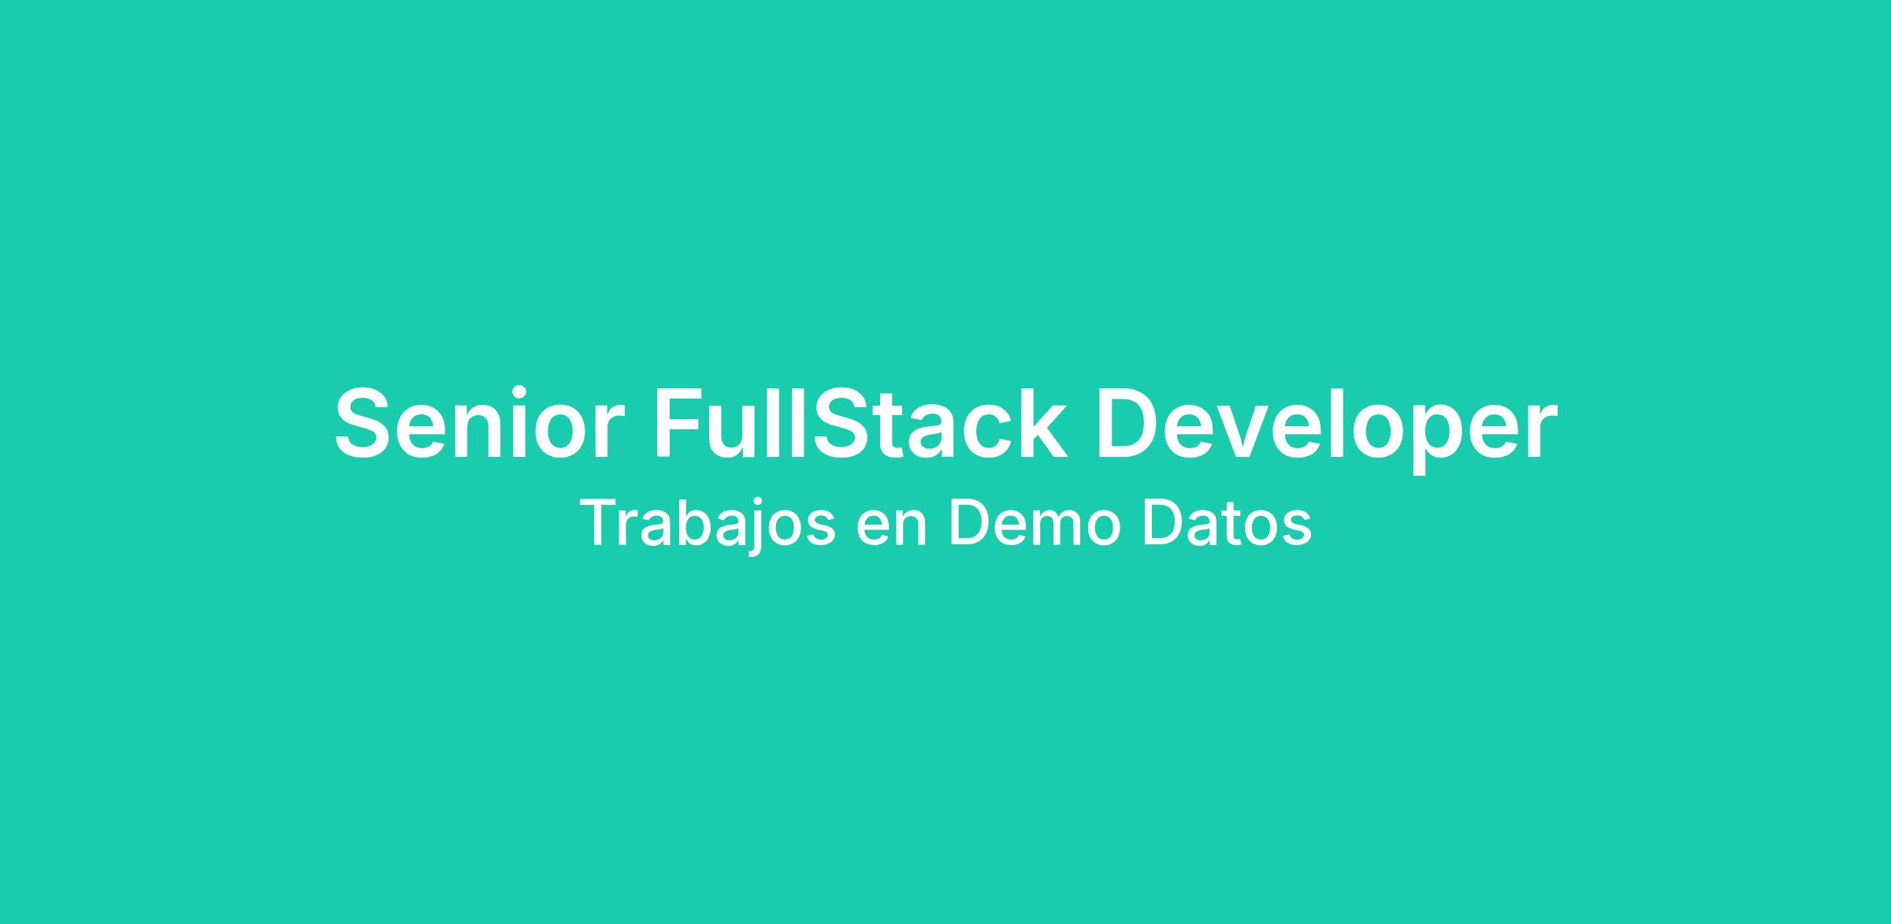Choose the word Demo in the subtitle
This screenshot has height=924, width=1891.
1035,523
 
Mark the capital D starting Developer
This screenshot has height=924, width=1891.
1128,423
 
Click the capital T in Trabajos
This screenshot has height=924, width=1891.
601,523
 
